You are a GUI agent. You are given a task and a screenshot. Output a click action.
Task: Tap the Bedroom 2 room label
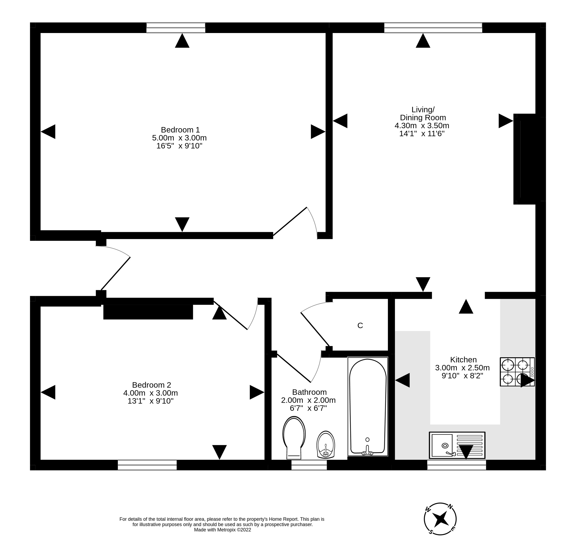pyautogui.click(x=152, y=385)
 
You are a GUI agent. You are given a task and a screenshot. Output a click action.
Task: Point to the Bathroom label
pyautogui.click(x=309, y=392)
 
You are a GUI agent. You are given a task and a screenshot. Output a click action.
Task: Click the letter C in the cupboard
pyautogui.click(x=360, y=325)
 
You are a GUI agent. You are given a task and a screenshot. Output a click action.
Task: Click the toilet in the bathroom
pyautogui.click(x=294, y=437)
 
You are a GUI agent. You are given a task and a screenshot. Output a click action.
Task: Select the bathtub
pyautogui.click(x=368, y=407)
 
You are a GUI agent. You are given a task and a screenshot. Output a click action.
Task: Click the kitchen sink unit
pyautogui.click(x=457, y=445)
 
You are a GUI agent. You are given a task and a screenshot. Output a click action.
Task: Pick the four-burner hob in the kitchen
pyautogui.click(x=517, y=372)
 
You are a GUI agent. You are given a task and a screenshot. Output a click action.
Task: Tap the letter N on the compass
pyautogui.click(x=450, y=506)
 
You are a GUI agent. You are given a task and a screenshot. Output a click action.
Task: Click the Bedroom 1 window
pyautogui.click(x=176, y=28)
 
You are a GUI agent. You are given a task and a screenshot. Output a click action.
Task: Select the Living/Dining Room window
pyautogui.click(x=433, y=28)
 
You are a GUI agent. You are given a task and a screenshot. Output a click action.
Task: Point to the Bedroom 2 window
pyautogui.click(x=147, y=465)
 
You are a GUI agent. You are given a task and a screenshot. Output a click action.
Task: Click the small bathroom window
pyautogui.click(x=309, y=465)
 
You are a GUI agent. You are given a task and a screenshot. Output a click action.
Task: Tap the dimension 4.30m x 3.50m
pyautogui.click(x=422, y=125)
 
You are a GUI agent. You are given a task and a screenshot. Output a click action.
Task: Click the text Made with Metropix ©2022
pyautogui.click(x=223, y=530)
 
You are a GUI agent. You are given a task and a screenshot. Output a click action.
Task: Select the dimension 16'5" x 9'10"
pyautogui.click(x=179, y=146)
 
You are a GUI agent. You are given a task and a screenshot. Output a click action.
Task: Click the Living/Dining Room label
pyautogui.click(x=423, y=113)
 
